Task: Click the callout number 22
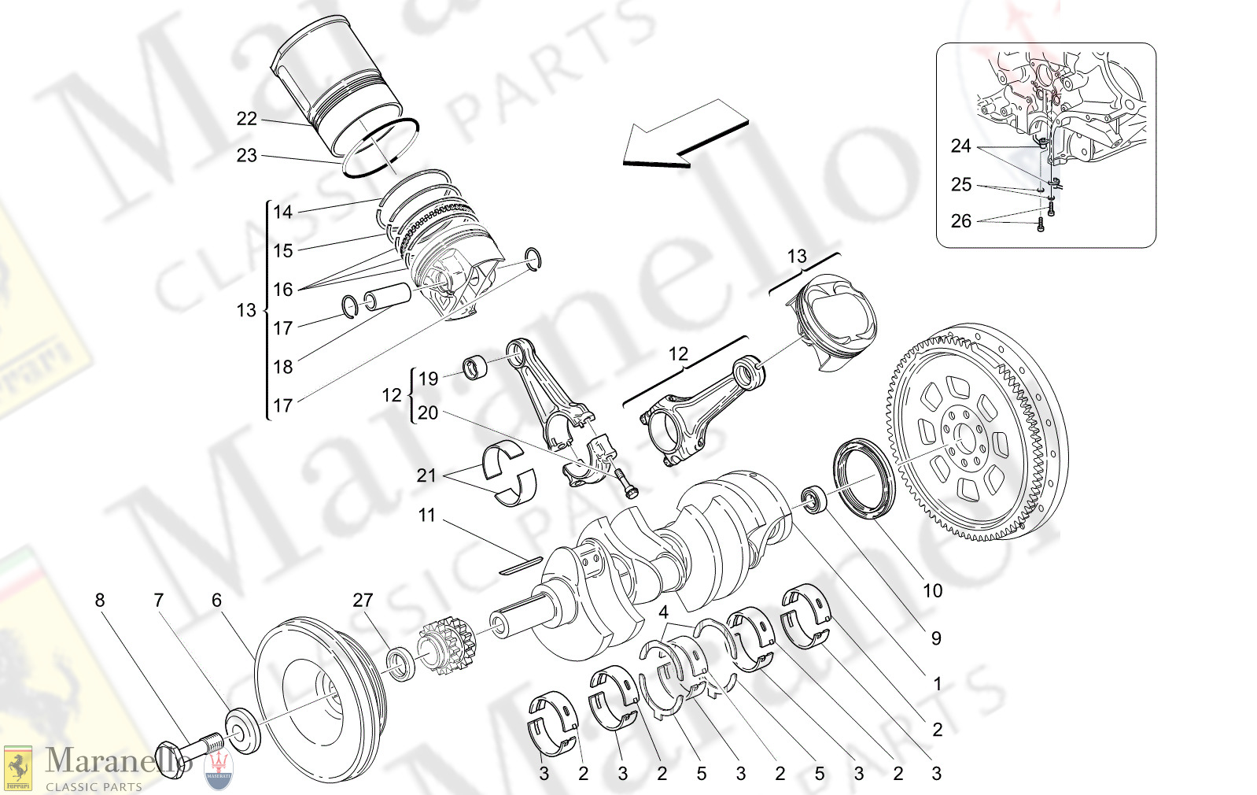coord(246,119)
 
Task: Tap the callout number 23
coord(246,156)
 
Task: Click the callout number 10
coord(932,590)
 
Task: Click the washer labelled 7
coord(242,730)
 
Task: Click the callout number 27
coord(363,600)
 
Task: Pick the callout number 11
coord(426,515)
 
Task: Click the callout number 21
coord(426,475)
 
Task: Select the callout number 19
coord(428,379)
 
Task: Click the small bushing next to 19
coord(474,367)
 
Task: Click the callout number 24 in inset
coord(960,146)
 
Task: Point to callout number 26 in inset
coord(960,221)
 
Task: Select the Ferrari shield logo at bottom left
coord(17,768)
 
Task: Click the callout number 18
coord(282,367)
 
